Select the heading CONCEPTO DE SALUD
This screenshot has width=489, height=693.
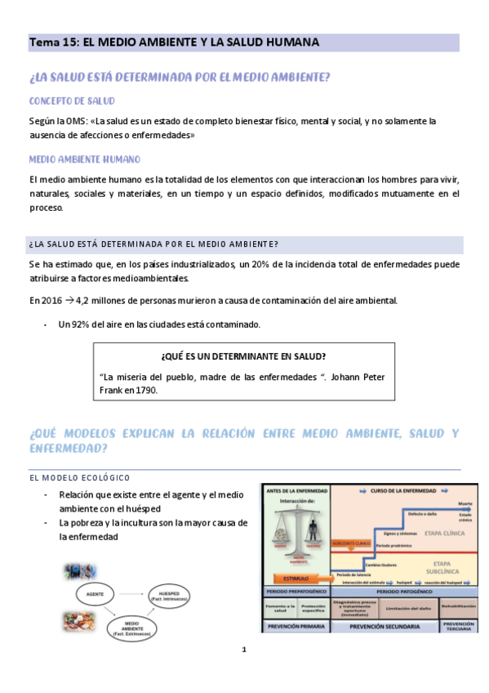[x=72, y=101]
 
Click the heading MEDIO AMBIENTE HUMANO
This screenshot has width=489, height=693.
[x=84, y=159]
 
